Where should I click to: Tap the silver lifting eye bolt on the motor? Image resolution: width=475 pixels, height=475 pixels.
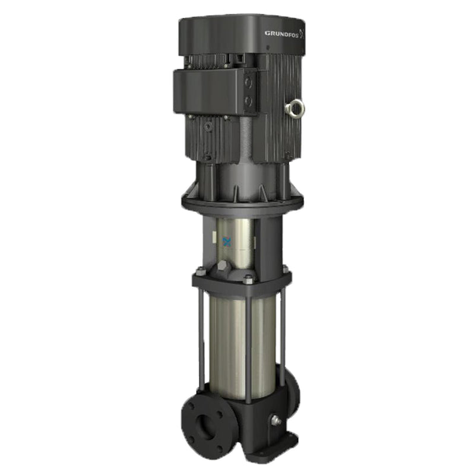tap(295, 107)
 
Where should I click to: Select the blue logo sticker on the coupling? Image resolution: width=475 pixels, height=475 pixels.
tap(226, 242)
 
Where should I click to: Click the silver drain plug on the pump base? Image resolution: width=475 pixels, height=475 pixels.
tap(275, 420)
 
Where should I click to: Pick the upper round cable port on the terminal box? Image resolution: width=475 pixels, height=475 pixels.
tap(248, 84)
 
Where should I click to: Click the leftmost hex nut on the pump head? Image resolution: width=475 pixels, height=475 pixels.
tap(201, 273)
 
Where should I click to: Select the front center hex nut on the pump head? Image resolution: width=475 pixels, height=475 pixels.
tap(248, 279)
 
